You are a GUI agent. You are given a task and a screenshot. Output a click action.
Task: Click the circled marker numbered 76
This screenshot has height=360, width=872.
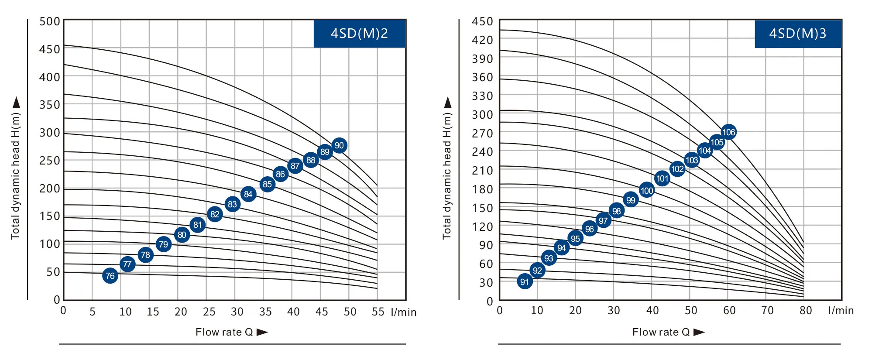(110, 276)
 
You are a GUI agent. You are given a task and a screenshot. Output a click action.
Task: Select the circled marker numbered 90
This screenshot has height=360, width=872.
(339, 145)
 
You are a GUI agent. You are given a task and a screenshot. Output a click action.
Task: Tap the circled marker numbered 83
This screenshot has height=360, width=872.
(232, 204)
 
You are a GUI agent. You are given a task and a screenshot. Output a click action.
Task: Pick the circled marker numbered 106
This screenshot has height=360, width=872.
(728, 132)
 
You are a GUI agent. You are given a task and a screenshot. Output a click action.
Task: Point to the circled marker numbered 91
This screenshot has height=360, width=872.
(525, 281)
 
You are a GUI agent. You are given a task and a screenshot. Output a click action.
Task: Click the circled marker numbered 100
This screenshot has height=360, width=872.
(647, 190)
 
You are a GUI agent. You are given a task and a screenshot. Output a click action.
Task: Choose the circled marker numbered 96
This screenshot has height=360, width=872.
(590, 229)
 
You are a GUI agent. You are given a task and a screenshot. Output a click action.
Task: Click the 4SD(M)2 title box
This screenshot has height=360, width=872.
(359, 34)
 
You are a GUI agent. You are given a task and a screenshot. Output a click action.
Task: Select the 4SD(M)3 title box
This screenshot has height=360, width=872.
(797, 34)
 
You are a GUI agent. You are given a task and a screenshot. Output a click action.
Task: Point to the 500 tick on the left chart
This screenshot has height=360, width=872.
(50, 22)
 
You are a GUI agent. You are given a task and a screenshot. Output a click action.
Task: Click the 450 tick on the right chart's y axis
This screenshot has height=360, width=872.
(482, 22)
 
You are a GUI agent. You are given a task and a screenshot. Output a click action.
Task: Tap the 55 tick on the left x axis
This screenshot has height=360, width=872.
(378, 312)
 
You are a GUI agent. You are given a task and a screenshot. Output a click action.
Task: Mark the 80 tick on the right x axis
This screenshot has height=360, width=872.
(806, 310)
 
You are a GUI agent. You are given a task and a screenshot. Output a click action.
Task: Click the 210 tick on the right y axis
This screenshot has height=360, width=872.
(482, 171)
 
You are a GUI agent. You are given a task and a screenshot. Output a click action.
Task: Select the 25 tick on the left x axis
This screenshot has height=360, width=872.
(209, 312)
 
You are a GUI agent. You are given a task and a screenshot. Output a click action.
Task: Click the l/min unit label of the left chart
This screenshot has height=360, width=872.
(404, 312)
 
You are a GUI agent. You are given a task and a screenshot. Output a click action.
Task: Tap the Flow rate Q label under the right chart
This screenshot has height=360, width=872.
(661, 332)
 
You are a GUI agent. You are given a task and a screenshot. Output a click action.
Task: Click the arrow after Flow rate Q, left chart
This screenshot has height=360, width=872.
(262, 332)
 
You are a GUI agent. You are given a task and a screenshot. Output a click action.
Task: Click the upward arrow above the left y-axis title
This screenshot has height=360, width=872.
(17, 103)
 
